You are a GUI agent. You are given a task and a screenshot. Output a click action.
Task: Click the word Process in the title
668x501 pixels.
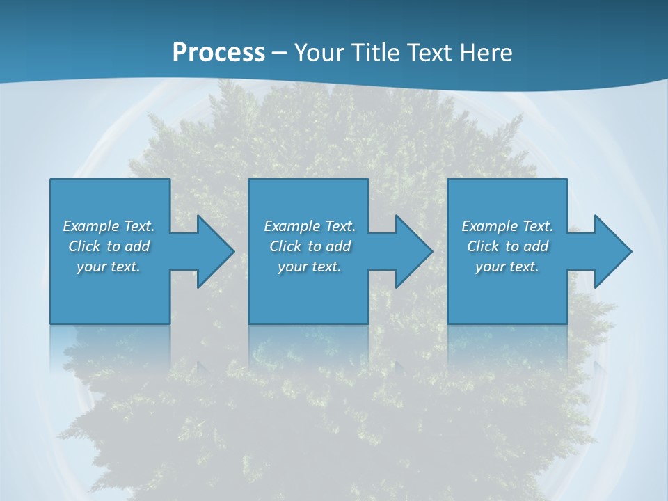218,53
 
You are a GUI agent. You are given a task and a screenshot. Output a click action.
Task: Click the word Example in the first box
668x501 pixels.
90,226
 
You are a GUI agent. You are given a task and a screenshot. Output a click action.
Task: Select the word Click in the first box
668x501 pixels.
83,246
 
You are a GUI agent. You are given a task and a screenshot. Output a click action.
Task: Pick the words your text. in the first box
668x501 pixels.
109,267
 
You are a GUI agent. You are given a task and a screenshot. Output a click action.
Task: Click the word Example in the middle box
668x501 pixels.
292,226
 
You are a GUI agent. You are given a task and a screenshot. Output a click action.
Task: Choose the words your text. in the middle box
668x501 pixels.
309,267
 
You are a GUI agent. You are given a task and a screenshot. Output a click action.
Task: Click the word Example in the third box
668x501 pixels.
489,226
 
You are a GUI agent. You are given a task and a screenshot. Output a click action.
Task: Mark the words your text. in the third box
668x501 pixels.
507,267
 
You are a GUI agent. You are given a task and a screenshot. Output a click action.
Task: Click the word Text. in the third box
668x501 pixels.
537,226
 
